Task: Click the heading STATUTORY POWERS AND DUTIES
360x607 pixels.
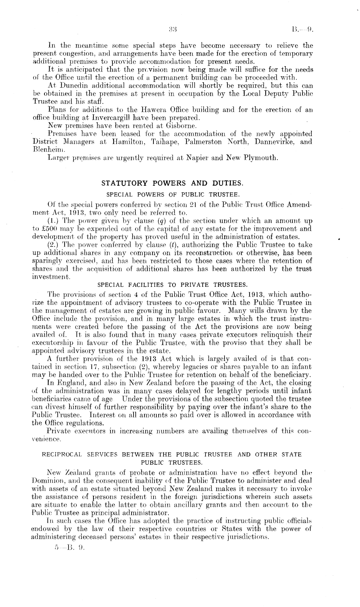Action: click(172, 183)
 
